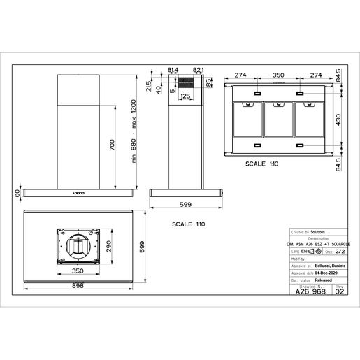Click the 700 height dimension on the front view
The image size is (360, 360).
click(x=110, y=145)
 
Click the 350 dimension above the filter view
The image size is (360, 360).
click(x=279, y=74)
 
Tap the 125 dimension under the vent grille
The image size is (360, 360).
click(x=187, y=96)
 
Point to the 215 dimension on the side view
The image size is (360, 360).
click(x=149, y=85)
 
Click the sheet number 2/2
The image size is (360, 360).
click(x=340, y=250)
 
